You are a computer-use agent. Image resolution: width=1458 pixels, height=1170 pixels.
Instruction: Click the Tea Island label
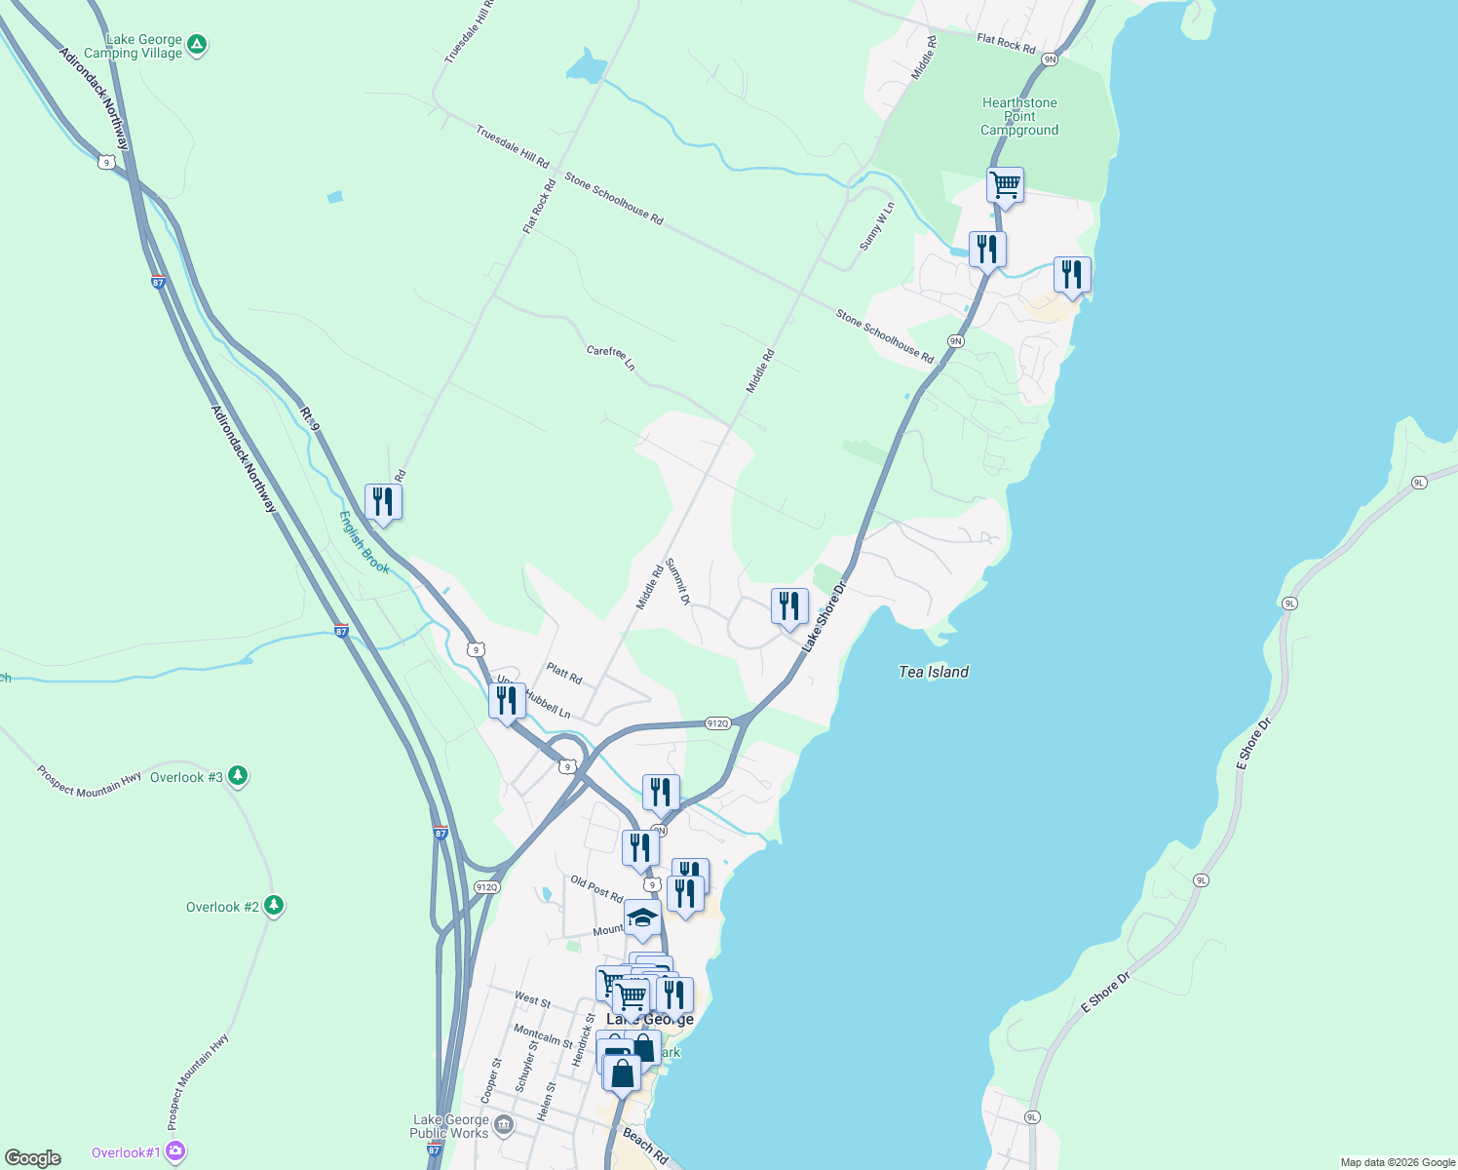coord(933,672)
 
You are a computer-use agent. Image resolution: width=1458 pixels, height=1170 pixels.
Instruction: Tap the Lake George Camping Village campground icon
coord(197,44)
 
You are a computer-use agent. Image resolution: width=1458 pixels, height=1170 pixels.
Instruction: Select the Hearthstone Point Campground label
coord(1018,116)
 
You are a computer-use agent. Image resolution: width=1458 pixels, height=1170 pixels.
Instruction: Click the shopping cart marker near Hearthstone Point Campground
coord(1005,185)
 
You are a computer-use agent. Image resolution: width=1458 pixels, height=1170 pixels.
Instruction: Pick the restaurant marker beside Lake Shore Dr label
coord(789,606)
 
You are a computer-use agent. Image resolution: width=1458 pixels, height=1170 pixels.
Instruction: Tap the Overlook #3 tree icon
coord(238,776)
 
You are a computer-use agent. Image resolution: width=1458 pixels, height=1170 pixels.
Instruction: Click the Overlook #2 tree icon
coord(274,906)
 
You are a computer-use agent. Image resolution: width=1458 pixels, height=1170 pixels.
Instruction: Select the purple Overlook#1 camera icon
coord(175,1151)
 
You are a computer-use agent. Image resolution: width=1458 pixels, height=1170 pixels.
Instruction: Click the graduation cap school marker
coord(642,918)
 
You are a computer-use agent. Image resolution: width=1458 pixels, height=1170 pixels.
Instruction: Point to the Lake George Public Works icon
coord(504,1126)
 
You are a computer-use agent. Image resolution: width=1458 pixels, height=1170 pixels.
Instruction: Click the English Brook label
coord(364,543)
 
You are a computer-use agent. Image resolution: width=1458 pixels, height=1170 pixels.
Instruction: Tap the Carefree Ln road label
coord(611,358)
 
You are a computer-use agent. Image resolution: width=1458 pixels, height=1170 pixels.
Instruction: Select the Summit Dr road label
coord(678,582)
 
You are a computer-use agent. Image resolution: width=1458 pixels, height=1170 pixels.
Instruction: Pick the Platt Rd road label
coord(564,673)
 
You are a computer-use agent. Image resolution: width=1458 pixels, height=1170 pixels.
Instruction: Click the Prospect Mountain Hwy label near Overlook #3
coord(89,782)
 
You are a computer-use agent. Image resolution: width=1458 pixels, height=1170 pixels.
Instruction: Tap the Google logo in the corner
coord(33,1157)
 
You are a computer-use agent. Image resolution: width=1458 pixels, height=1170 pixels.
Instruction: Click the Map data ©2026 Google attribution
coord(1397,1162)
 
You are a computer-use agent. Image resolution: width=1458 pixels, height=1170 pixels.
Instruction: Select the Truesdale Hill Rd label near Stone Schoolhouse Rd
coord(513,146)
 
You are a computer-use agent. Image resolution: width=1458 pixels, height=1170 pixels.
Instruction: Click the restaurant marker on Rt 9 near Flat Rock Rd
coord(383,502)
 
